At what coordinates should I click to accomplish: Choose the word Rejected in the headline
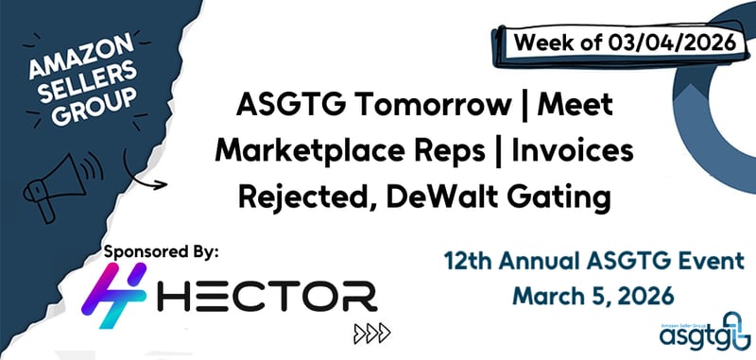coord(284,198)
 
